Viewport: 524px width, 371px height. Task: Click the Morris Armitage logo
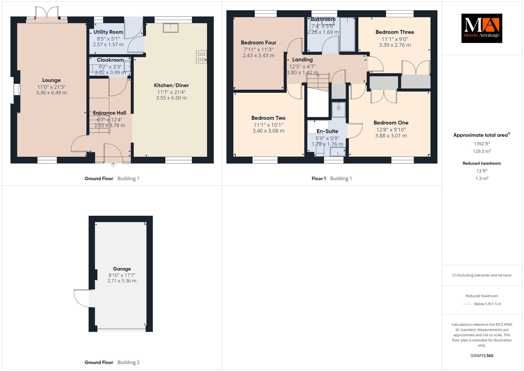tap(482, 28)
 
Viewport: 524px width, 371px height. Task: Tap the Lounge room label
tap(51, 80)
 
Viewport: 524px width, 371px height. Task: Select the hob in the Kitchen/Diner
tap(201, 57)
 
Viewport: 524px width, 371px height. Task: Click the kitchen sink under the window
tap(171, 28)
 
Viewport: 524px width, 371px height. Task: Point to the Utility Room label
tap(108, 32)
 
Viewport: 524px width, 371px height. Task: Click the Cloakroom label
tap(110, 60)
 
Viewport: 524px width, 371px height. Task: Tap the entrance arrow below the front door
tap(113, 165)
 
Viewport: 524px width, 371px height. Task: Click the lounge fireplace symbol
tap(17, 90)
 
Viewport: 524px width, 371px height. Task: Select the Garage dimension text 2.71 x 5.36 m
tap(122, 281)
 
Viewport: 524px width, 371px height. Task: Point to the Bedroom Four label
tap(258, 43)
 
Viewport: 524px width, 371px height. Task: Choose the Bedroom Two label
tap(268, 118)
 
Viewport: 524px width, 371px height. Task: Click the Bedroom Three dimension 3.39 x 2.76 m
tap(395, 45)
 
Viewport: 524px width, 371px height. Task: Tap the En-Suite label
tap(327, 131)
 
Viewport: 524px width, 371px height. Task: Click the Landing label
tap(302, 60)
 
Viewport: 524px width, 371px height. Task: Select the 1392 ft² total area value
tap(482, 144)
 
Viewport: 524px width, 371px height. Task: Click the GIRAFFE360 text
tap(482, 356)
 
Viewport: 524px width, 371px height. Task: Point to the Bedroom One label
tap(391, 123)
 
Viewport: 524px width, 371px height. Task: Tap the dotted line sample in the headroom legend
tap(467, 304)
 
